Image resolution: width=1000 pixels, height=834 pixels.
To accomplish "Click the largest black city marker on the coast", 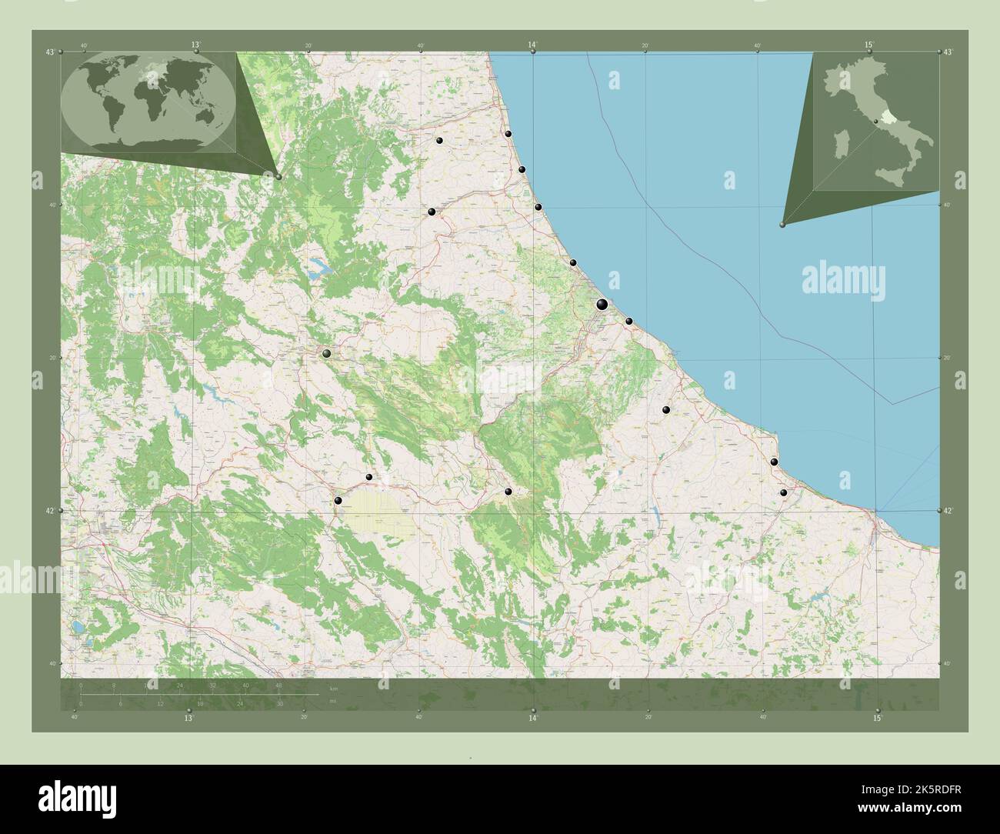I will point(602,305).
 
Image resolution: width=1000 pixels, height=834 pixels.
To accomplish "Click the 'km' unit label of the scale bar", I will point(333,687).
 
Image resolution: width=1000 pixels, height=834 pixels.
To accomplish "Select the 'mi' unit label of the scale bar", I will point(332,701).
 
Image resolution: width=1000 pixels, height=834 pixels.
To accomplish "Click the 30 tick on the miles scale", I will point(279,703).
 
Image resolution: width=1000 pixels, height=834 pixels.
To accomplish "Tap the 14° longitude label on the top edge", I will point(532,45).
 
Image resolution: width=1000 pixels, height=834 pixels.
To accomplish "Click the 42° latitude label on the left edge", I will point(49,511).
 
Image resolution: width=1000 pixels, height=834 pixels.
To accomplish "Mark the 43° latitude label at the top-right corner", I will point(948,52).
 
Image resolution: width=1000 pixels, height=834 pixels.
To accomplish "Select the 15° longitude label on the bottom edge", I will point(877,718).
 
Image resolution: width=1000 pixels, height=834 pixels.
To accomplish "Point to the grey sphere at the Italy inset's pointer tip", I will point(782,225).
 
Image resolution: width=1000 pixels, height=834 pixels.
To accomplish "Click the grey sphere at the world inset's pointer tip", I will point(278,177).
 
